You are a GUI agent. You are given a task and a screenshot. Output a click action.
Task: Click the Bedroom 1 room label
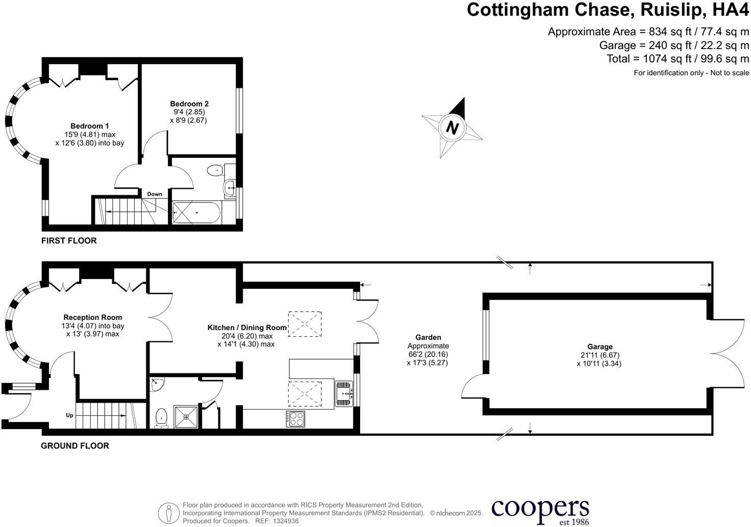click(90, 126)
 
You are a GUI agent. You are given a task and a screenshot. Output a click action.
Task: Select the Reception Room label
click(93, 317)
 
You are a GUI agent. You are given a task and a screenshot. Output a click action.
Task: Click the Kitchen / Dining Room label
click(247, 328)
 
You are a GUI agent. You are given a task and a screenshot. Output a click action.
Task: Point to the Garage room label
click(599, 347)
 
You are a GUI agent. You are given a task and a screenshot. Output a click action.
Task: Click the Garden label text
click(428, 337)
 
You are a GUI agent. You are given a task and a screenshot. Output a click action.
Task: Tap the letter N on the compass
click(451, 127)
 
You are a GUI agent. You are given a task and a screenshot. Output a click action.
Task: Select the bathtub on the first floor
click(196, 213)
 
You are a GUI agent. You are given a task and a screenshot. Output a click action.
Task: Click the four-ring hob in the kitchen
click(295, 418)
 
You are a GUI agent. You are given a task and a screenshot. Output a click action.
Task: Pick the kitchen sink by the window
click(344, 393)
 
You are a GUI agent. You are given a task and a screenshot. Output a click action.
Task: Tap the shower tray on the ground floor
click(187, 416)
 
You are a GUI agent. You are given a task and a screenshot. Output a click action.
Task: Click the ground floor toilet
click(162, 417)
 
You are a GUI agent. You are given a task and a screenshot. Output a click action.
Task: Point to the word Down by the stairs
click(155, 194)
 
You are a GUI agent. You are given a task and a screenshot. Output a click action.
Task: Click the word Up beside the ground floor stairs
click(69, 415)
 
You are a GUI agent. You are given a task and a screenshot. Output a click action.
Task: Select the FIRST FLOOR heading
click(69, 240)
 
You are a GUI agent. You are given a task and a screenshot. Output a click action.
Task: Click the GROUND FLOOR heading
click(75, 445)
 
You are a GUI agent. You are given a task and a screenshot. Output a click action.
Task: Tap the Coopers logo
click(540, 510)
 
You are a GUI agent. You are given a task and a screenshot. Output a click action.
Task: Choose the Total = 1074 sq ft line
click(678, 59)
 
